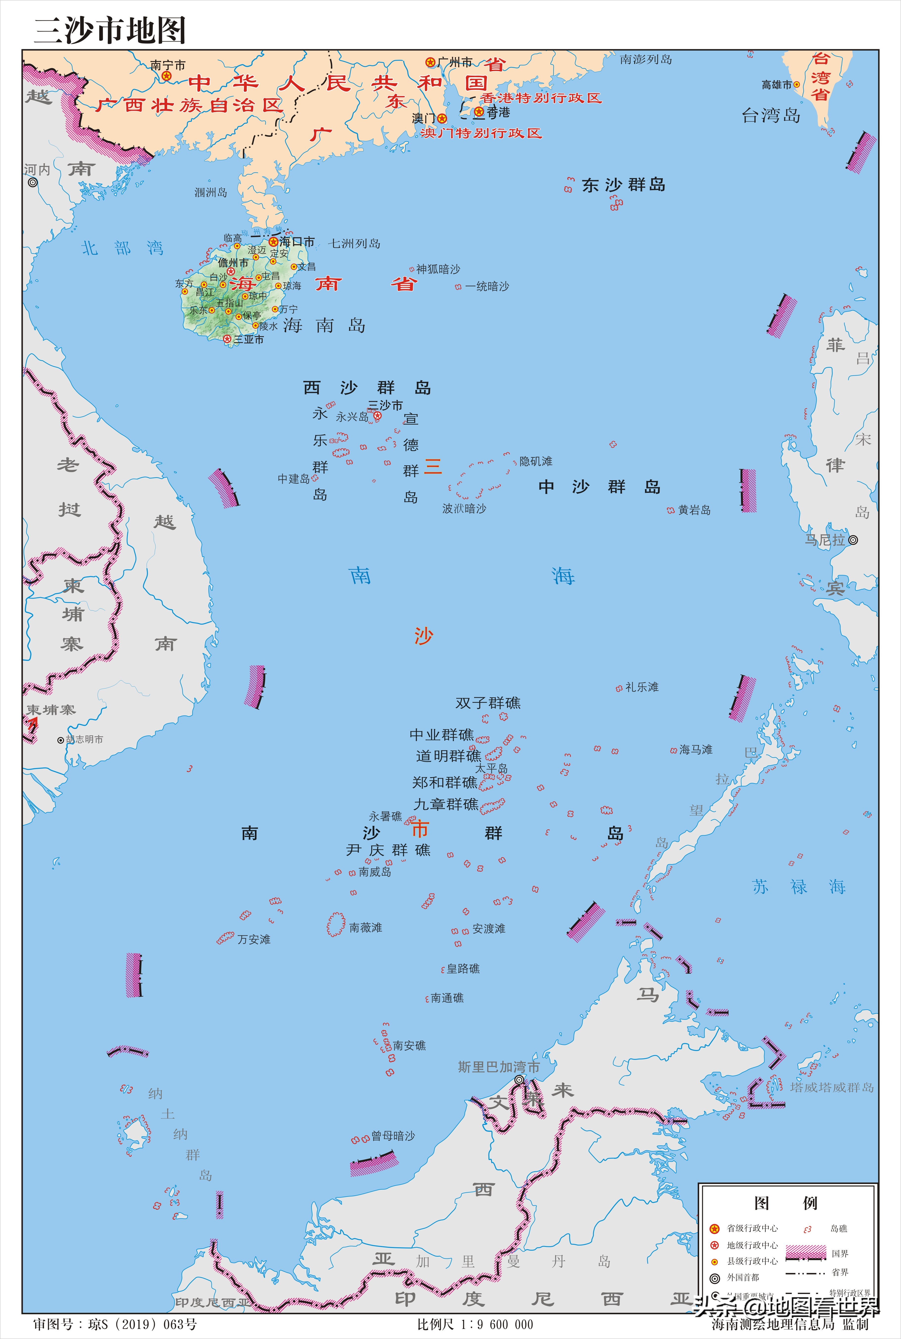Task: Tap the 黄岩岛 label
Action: (x=694, y=510)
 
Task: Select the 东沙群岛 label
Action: (x=624, y=185)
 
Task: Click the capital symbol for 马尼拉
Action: (x=853, y=540)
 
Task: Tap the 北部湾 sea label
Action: (x=122, y=248)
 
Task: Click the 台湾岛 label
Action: (x=771, y=116)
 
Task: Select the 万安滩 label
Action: (x=254, y=939)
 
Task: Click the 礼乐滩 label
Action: (x=642, y=687)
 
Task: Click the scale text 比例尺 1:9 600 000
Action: (x=475, y=1325)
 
